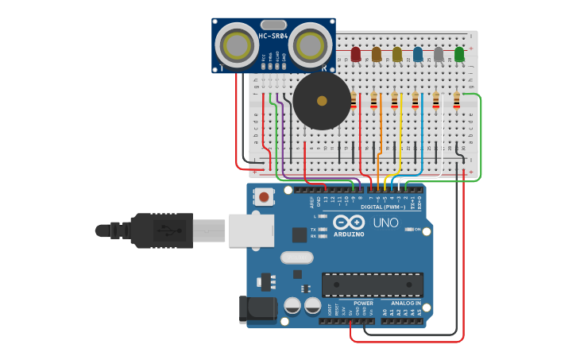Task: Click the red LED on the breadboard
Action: (356, 53)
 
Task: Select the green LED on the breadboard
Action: (459, 53)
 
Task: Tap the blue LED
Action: (418, 53)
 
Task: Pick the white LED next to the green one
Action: (439, 53)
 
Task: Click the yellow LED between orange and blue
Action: (397, 53)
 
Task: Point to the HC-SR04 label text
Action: (273, 36)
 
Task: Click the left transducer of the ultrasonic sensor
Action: (237, 45)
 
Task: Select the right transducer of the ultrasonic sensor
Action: (310, 45)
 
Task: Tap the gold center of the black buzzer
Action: (321, 101)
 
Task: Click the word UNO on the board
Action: (385, 223)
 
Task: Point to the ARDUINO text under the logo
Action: (349, 234)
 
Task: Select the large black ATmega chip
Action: (372, 285)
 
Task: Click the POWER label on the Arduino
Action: (363, 303)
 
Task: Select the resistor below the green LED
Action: (456, 100)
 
